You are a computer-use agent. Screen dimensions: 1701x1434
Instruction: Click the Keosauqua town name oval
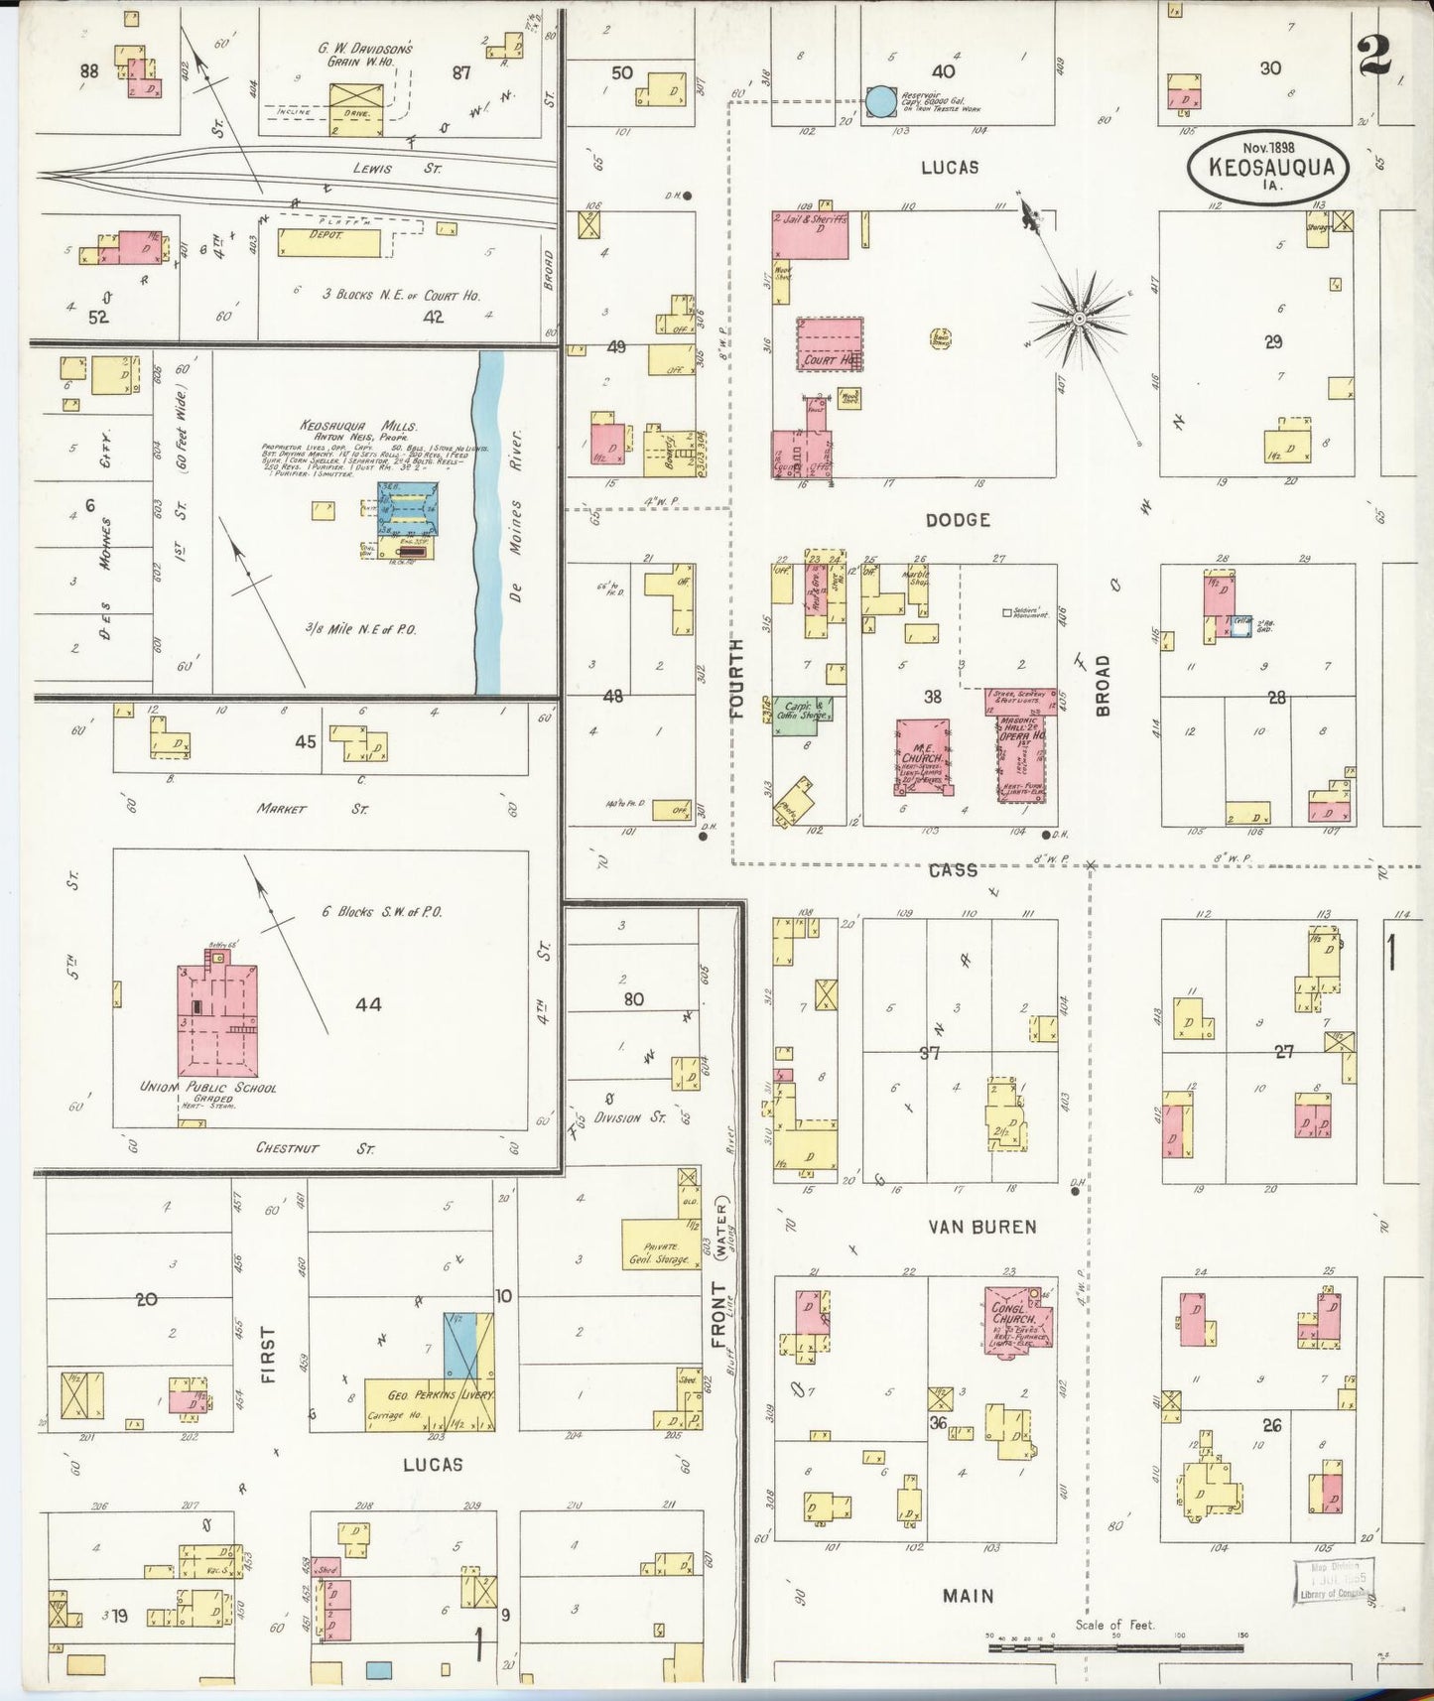pyautogui.click(x=1269, y=169)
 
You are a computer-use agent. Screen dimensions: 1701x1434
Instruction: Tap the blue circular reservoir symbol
pyautogui.click(x=879, y=101)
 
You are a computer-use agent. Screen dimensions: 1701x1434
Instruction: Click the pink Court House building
pyautogui.click(x=830, y=344)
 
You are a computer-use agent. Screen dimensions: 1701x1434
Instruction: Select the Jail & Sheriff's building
pyautogui.click(x=811, y=235)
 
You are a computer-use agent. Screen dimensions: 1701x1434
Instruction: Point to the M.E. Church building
pyautogui.click(x=923, y=756)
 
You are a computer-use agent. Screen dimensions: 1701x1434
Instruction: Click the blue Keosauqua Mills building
pyautogui.click(x=407, y=508)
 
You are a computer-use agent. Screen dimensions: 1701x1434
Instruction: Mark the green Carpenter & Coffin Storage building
pyautogui.click(x=803, y=715)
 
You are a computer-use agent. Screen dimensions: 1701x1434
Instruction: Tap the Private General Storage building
pyautogui.click(x=659, y=1243)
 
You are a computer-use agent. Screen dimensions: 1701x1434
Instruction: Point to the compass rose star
pyautogui.click(x=1079, y=318)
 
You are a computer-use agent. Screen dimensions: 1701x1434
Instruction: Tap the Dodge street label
pyautogui.click(x=958, y=519)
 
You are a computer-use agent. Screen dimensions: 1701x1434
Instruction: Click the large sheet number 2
pyautogui.click(x=1374, y=57)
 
